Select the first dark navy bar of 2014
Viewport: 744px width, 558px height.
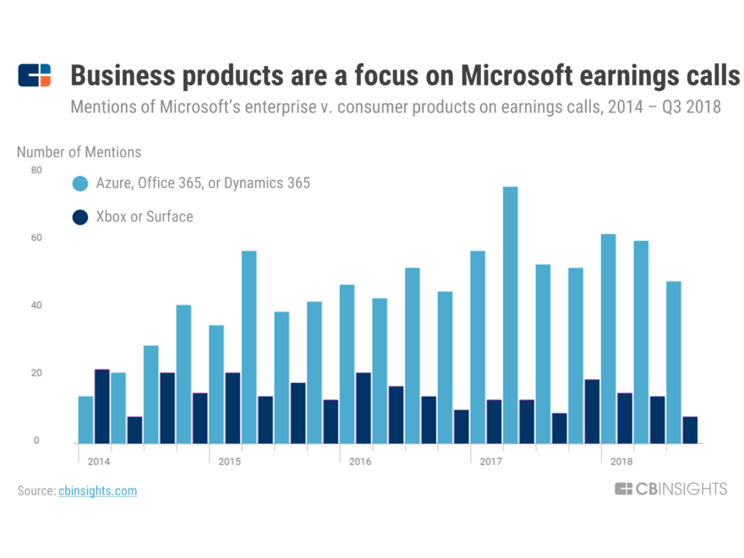coord(102,406)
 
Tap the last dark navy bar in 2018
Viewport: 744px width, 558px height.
coord(690,429)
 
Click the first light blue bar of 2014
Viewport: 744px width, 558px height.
coord(85,419)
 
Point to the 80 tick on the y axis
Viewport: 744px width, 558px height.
coord(36,170)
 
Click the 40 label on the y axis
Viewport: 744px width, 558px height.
coord(36,305)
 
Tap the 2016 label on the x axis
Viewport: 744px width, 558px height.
coord(360,462)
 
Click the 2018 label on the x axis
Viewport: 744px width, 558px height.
coord(621,462)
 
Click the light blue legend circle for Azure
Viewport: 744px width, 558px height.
coord(80,183)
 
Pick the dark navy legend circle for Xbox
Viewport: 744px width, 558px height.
coord(80,217)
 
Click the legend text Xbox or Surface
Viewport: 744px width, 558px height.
coord(145,217)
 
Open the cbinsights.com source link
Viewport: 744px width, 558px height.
coord(97,490)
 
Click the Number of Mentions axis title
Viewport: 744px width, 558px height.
coord(79,152)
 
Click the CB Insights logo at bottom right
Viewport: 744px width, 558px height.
coord(670,489)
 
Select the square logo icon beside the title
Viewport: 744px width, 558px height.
coord(35,75)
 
